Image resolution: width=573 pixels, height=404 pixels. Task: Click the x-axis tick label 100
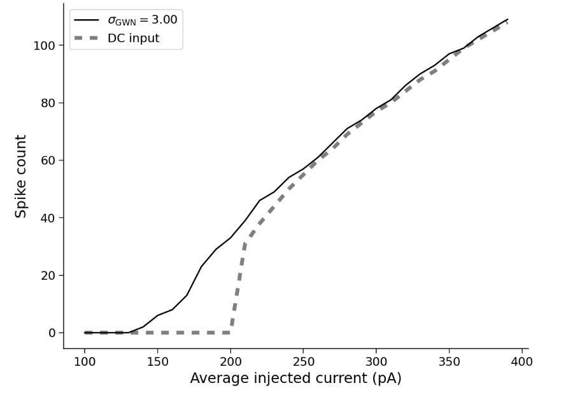85,362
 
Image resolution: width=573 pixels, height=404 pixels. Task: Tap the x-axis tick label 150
157,362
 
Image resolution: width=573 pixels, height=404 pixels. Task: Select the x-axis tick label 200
230,362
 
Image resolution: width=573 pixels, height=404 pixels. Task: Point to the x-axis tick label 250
303,362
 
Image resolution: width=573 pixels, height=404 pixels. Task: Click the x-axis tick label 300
376,362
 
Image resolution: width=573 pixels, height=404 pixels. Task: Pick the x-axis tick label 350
449,362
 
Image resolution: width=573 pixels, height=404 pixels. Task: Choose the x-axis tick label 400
522,362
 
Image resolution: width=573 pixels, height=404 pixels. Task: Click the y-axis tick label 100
44,46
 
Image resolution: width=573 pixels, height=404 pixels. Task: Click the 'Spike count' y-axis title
21,176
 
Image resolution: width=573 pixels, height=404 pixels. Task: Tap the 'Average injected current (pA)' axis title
295,379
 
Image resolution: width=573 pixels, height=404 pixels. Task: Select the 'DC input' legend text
133,39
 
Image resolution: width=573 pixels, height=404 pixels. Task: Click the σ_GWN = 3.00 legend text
142,20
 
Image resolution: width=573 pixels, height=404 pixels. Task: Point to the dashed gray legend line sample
87,39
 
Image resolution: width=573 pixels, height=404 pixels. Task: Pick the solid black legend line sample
87,20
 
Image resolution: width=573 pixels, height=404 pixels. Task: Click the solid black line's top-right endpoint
507,19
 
